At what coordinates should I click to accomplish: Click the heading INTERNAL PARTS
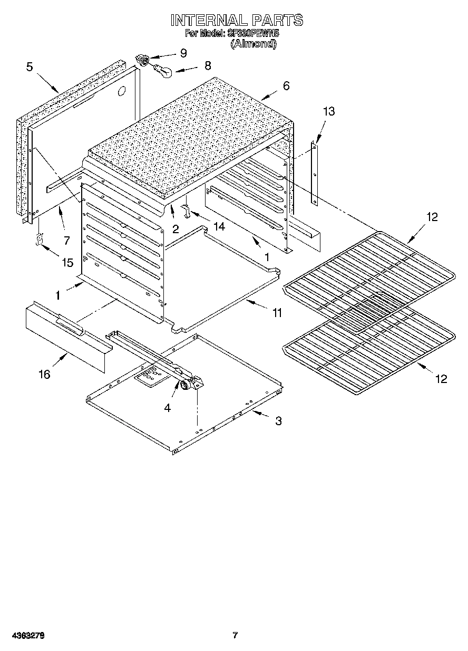coord(237,21)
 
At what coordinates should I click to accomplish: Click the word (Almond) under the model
coord(253,44)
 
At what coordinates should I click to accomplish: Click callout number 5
coord(30,66)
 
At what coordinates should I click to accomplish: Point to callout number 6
coord(286,86)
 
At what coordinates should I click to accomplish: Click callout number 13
coord(329,111)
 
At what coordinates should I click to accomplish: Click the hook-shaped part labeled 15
coord(38,240)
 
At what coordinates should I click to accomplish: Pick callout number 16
coord(44,374)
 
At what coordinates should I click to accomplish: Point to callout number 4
coord(167,408)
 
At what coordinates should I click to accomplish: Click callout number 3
coord(278,420)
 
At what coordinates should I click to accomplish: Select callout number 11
coord(277,313)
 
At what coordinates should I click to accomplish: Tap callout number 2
coord(175,228)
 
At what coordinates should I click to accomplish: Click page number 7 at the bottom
coord(235,635)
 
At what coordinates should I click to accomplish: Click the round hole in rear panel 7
coord(122,91)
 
